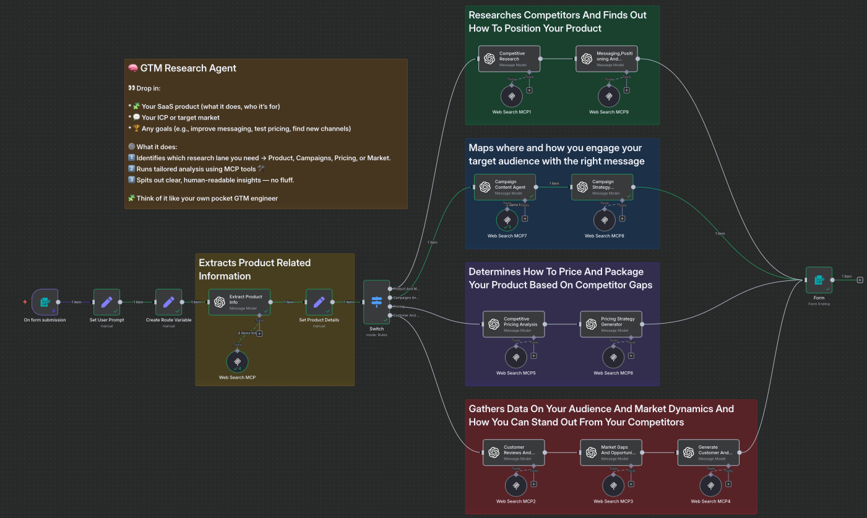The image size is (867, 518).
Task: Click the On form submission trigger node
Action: click(x=45, y=302)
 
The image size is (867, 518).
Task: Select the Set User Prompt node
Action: click(x=106, y=302)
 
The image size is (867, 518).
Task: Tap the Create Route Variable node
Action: click(x=168, y=302)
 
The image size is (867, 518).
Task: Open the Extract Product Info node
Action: click(x=239, y=302)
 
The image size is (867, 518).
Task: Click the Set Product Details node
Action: click(x=319, y=302)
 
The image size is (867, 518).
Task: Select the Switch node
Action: click(x=376, y=301)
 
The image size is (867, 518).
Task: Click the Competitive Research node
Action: click(x=509, y=59)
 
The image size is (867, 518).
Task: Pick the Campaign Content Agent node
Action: click(x=505, y=187)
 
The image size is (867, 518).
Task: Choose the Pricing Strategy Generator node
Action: click(x=611, y=324)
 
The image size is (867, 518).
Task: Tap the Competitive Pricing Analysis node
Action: click(x=514, y=324)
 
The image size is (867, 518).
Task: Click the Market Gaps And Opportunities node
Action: click(x=611, y=452)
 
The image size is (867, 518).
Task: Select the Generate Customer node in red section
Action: click(x=708, y=452)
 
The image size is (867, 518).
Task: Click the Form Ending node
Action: click(x=819, y=280)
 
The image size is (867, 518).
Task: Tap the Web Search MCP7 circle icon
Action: click(x=507, y=220)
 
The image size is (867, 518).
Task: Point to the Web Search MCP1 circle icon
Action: click(x=511, y=97)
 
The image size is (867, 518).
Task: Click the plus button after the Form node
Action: click(x=860, y=280)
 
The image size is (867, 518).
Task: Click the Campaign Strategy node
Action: click(x=602, y=187)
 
